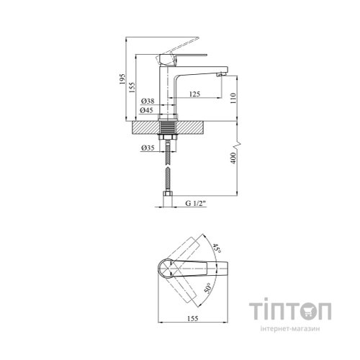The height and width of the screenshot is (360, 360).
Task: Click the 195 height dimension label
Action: tap(122, 78)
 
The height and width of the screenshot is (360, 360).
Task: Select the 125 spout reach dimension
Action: tap(194, 94)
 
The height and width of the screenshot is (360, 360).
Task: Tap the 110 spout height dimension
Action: tap(233, 98)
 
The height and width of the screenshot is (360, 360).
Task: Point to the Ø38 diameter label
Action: tap(148, 101)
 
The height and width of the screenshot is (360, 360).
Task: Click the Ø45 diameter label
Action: tap(147, 110)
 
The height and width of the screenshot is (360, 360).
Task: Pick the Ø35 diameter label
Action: tap(148, 148)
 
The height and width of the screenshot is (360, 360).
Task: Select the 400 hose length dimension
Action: tap(233, 158)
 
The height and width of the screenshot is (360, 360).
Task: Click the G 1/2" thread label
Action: tap(196, 203)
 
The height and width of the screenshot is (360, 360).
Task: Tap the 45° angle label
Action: tap(217, 248)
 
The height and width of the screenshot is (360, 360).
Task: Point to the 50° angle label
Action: tap(208, 288)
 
